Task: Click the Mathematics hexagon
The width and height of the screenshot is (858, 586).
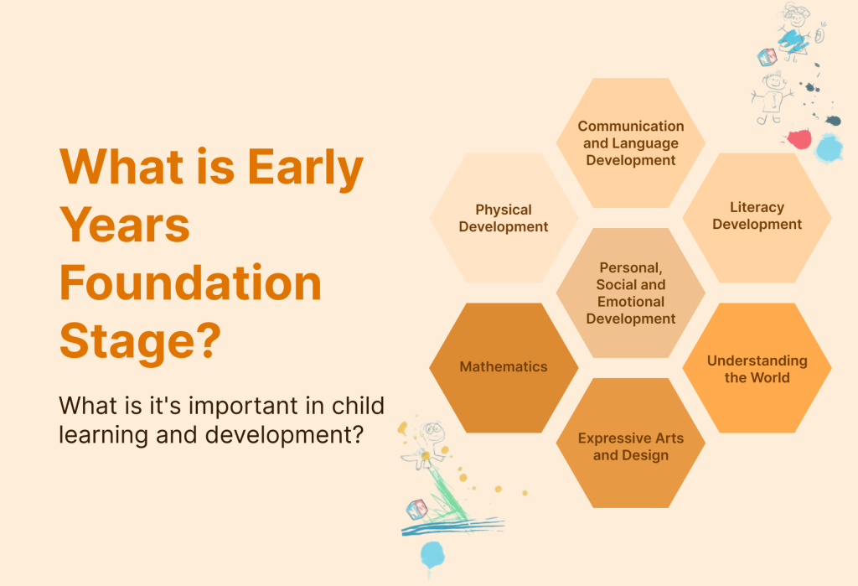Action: (504, 367)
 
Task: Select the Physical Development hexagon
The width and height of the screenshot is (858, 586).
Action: (504, 218)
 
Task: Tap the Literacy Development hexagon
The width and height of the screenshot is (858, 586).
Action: (757, 218)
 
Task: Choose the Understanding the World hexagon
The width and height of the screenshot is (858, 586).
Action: (757, 367)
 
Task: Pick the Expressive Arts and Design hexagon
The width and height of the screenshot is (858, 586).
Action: (630, 443)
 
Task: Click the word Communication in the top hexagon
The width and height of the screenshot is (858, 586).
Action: (631, 126)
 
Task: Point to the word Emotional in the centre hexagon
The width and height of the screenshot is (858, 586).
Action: (631, 302)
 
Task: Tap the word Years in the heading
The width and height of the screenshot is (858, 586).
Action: (125, 225)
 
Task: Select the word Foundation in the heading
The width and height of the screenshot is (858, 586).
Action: (190, 283)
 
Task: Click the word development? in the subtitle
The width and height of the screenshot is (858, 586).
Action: (285, 435)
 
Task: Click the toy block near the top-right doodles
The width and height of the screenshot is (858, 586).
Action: (768, 57)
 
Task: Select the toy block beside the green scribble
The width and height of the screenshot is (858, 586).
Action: (417, 510)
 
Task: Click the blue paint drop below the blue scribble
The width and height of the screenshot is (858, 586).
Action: (432, 556)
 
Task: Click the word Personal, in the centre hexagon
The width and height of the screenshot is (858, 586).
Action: (631, 267)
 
